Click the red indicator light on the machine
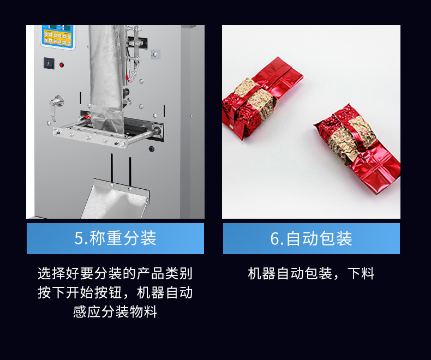point(62,65)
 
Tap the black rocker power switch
point(49,63)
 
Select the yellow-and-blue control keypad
point(58,37)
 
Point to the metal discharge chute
point(116,199)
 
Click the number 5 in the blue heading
point(79,238)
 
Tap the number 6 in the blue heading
point(275,238)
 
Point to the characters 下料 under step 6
point(361,273)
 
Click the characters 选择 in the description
point(52,273)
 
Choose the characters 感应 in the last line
point(87,311)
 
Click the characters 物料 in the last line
point(143,311)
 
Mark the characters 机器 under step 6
point(262,273)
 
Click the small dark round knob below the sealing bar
point(152,149)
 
